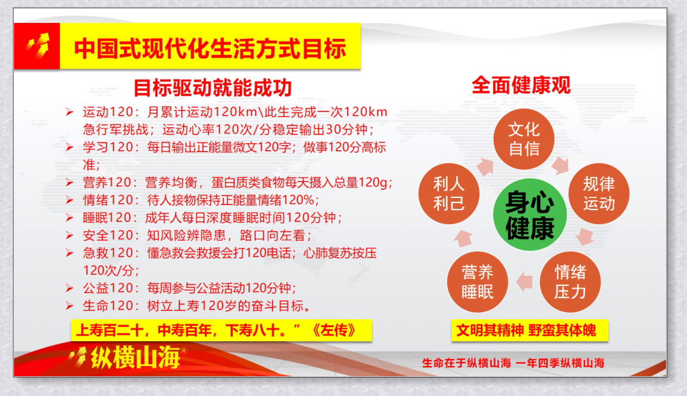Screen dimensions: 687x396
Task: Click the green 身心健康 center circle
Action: click(x=530, y=215)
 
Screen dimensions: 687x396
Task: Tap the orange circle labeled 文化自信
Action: click(x=524, y=139)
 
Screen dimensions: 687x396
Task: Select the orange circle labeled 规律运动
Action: click(x=599, y=194)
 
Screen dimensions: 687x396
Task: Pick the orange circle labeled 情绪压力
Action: click(x=570, y=281)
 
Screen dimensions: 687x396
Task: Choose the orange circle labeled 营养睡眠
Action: click(x=478, y=281)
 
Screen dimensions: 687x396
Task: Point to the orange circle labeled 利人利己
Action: click(x=449, y=194)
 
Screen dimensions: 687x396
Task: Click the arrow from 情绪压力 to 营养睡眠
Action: click(x=524, y=281)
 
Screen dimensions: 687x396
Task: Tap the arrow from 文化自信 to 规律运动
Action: click(x=560, y=165)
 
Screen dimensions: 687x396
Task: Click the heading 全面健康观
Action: click(x=521, y=85)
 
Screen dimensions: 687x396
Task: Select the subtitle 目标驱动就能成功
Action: click(x=212, y=88)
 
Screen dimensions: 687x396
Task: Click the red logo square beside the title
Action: click(x=37, y=46)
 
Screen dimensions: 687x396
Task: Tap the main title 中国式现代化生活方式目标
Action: click(x=210, y=48)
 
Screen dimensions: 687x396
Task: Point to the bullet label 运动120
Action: click(x=108, y=112)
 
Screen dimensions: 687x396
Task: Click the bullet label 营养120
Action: click(x=108, y=182)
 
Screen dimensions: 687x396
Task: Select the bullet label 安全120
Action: click(x=108, y=235)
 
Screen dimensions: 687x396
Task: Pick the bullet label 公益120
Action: click(x=108, y=288)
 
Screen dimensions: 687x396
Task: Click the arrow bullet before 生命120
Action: click(x=69, y=306)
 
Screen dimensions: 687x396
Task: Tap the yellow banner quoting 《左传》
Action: click(x=221, y=330)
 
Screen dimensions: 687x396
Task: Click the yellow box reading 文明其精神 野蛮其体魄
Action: click(x=530, y=330)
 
